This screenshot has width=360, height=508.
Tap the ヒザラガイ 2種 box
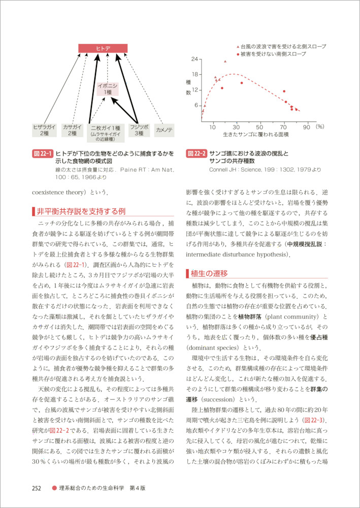(x=44, y=130)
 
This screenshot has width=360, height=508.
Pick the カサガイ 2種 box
(x=73, y=130)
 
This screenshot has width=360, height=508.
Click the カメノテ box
(x=164, y=130)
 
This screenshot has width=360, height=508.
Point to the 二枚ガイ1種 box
(x=105, y=132)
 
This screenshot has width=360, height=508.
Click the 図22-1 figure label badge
(x=42, y=152)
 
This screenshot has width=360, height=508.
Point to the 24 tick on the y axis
(x=195, y=59)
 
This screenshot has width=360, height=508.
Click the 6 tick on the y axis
(x=196, y=105)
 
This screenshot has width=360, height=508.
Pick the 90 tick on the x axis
(x=306, y=126)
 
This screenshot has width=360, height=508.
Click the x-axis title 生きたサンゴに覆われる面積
(x=255, y=135)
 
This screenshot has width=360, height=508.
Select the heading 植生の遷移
(x=210, y=273)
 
